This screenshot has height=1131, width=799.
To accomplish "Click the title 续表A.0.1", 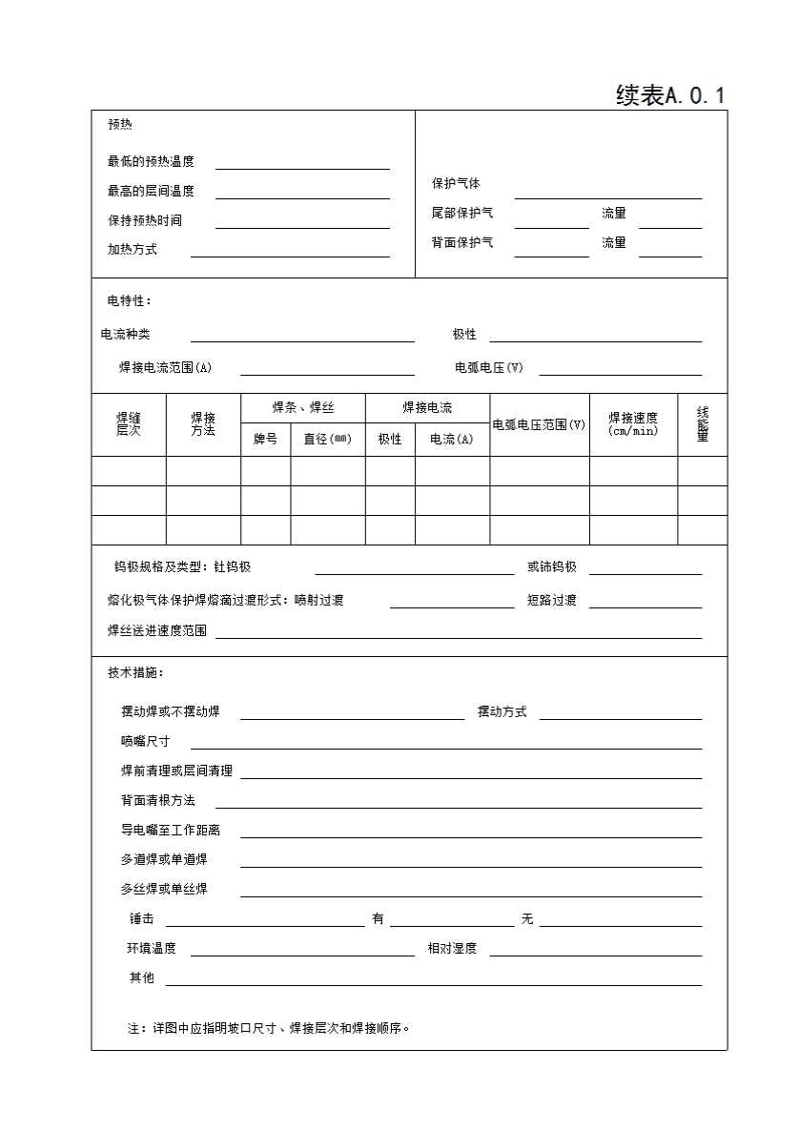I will pos(670,95).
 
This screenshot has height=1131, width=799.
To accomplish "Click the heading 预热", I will pos(119,125).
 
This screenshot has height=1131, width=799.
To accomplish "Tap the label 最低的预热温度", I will pos(151,162).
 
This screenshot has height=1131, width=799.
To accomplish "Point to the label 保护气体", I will pos(456,184).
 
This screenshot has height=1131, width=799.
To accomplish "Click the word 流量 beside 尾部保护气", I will pos(614,214).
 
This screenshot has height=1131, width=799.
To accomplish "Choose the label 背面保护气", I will pos(462,243).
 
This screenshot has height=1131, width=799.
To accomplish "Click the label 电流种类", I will pos(125,335).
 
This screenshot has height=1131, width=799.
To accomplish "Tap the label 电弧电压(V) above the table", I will pos(489,368).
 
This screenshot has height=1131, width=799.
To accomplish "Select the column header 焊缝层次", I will pos(129,424).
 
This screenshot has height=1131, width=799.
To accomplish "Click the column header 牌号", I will pos(265,440).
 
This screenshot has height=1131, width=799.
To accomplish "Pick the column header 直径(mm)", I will pos(327,440).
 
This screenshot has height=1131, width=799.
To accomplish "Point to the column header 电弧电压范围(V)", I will pos(539,425).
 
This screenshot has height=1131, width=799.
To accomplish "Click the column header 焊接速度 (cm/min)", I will pos(633,424).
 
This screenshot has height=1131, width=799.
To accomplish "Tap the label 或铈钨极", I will pos(552,567).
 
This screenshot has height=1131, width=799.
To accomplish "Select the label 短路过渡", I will pos(552,601).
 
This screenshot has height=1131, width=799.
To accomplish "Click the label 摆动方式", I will pos(502,712).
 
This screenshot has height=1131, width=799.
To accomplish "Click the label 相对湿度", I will pos(452,949).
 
